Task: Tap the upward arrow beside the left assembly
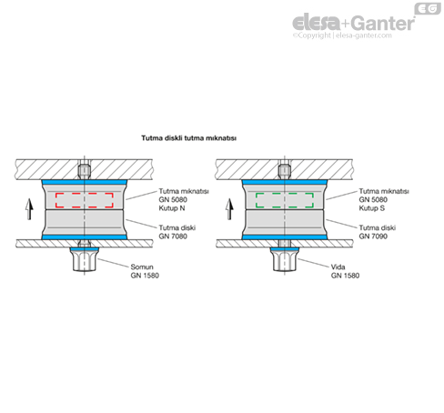29,208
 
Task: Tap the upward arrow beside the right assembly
229,208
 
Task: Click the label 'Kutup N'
172,208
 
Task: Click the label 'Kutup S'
372,208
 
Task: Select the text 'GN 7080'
173,237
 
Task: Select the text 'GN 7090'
373,237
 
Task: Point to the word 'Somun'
142,267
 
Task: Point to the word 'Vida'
338,267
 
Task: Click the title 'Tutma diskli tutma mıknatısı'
188,138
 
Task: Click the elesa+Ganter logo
354,23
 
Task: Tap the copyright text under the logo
342,35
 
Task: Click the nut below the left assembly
85,259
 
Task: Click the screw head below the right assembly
285,259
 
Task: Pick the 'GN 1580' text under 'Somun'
145,276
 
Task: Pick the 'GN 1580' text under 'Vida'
345,276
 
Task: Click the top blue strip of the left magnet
85,182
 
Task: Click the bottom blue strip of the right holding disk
285,237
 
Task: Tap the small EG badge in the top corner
428,8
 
